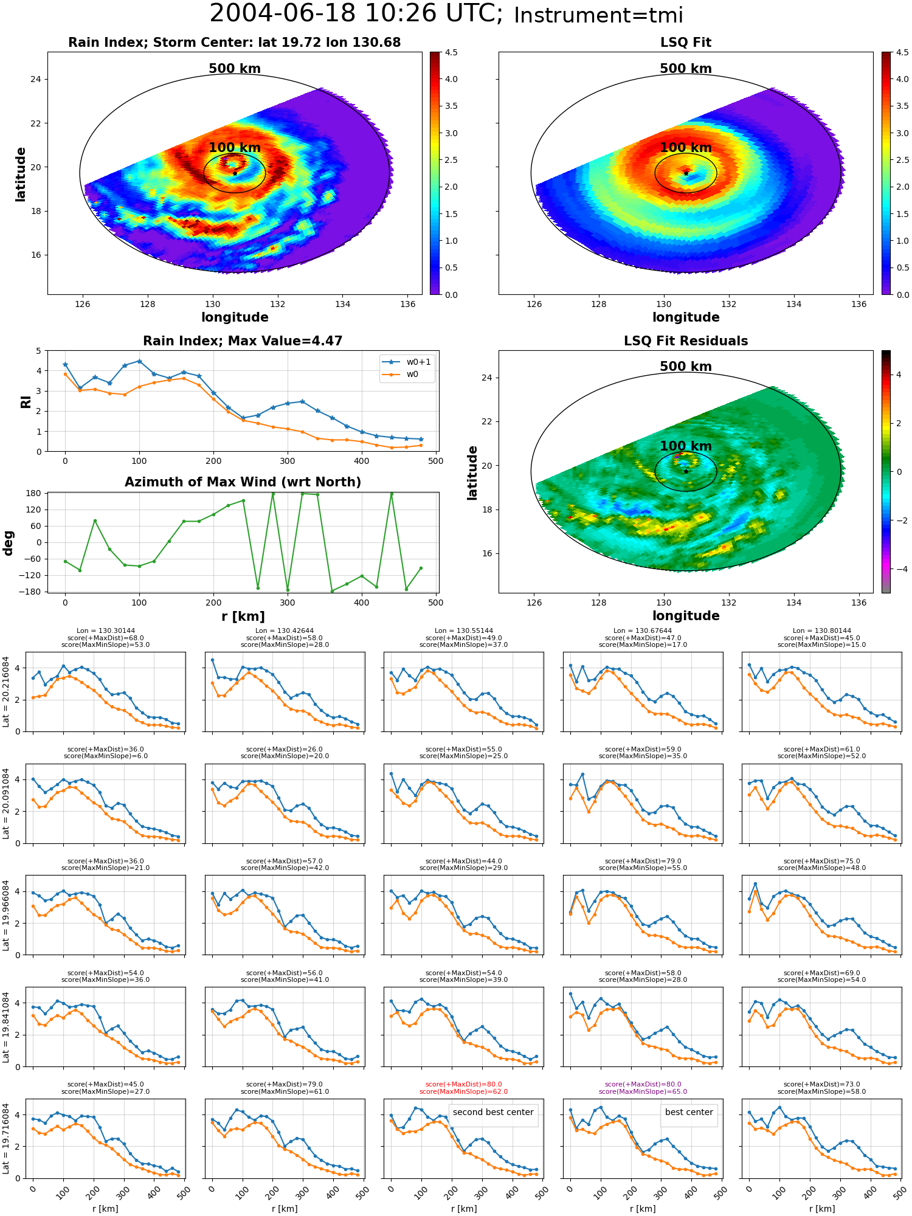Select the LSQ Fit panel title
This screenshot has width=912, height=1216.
[686, 43]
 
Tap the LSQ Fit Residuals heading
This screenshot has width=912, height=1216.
[686, 341]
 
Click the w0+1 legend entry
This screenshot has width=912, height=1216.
[407, 362]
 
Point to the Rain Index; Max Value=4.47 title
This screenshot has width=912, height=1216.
[243, 341]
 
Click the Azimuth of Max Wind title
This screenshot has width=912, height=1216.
[243, 482]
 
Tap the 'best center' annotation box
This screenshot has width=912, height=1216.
[689, 1112]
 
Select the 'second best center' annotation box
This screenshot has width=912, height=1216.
[493, 1112]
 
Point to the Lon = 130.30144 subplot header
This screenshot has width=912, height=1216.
[106, 631]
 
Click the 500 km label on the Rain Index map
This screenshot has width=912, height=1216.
[235, 69]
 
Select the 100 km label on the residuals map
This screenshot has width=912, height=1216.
[686, 446]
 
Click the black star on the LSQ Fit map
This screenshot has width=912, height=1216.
[686, 173]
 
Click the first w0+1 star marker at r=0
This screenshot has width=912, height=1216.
[65, 365]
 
